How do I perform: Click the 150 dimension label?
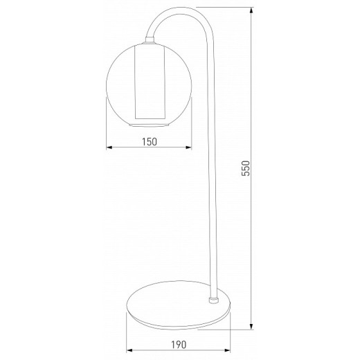(150, 142)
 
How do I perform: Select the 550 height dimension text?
(246, 168)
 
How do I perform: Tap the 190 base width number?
(179, 345)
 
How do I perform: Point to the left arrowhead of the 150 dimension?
(109, 147)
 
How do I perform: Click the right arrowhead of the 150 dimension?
(189, 147)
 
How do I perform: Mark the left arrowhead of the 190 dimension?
(129, 350)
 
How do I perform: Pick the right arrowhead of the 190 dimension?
(228, 350)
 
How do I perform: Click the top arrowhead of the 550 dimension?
(251, 10)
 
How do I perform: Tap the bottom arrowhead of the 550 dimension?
(251, 327)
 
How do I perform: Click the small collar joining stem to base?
(213, 300)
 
